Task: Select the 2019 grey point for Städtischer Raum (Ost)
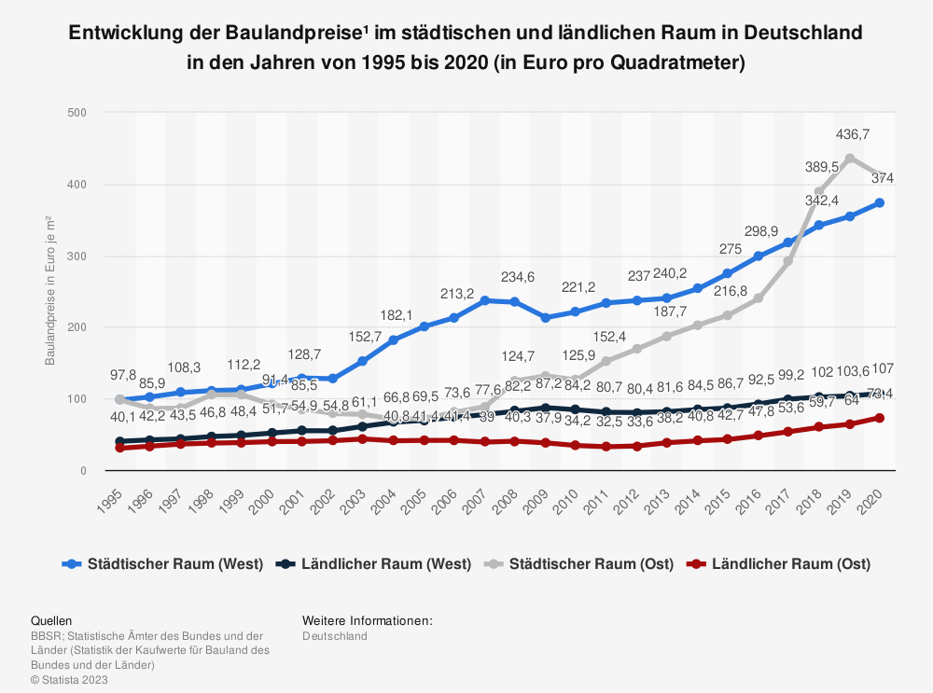[x=850, y=158]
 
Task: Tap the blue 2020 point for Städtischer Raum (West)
[x=880, y=202]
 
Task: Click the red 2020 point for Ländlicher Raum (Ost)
[x=880, y=418]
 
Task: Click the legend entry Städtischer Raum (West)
[x=163, y=563]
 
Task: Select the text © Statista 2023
[x=69, y=680]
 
